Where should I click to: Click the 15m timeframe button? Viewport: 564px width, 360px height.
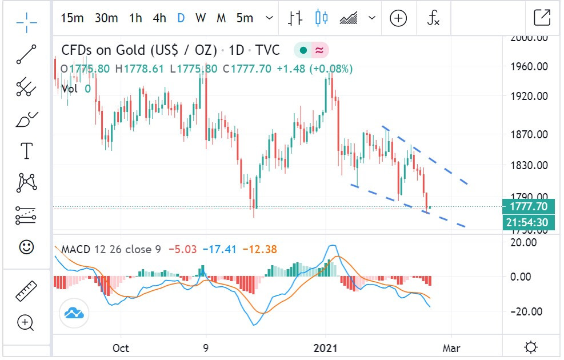click(72, 18)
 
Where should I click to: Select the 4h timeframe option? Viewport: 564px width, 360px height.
click(159, 18)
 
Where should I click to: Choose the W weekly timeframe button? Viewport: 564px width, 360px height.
click(200, 18)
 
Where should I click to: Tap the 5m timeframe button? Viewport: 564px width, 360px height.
click(245, 18)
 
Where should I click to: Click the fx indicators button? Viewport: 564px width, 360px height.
click(434, 18)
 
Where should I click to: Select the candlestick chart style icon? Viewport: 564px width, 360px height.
click(322, 18)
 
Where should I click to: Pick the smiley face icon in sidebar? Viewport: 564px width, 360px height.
click(26, 247)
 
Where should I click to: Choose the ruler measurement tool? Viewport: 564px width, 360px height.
click(26, 291)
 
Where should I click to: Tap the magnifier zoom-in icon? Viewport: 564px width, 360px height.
click(26, 323)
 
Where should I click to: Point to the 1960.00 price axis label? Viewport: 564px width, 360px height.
click(529, 66)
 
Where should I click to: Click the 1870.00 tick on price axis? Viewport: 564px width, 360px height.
click(529, 135)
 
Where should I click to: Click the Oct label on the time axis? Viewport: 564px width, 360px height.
click(121, 347)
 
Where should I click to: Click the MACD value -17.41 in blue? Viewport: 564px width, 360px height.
click(221, 250)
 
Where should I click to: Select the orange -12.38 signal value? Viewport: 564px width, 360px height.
click(259, 250)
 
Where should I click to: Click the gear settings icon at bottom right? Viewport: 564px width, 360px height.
click(531, 347)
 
